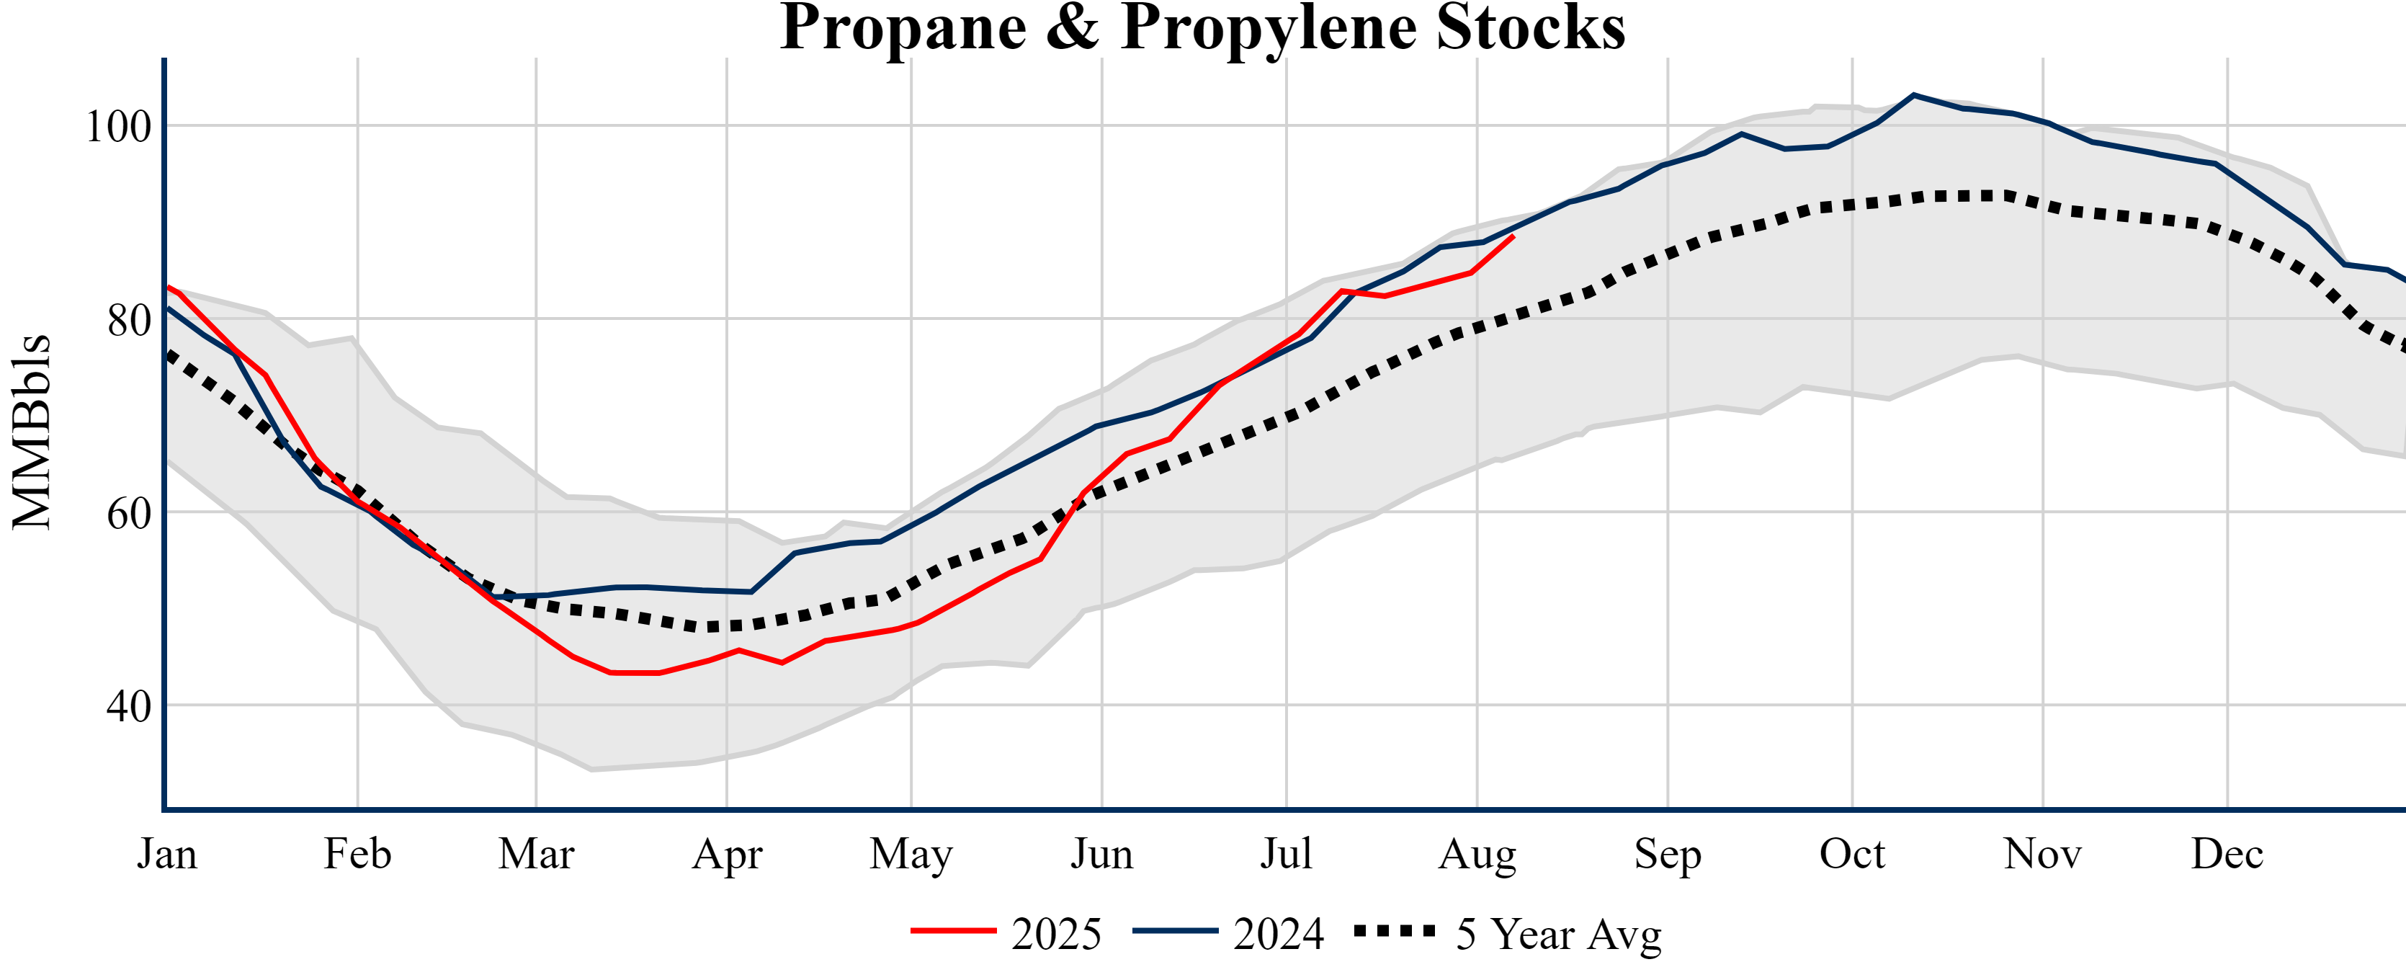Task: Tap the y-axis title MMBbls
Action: click(x=32, y=432)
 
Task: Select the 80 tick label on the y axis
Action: click(x=128, y=321)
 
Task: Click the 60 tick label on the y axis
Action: click(x=128, y=513)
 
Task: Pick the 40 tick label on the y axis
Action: click(x=128, y=706)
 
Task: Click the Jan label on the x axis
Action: click(x=167, y=854)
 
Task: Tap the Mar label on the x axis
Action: click(x=536, y=854)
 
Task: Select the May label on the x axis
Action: click(x=911, y=854)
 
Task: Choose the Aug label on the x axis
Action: click(x=1477, y=854)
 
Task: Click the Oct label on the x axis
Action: click(x=1852, y=854)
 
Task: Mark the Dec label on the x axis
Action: click(x=2227, y=854)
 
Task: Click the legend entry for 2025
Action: click(x=1056, y=933)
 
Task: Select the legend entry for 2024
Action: click(x=1278, y=933)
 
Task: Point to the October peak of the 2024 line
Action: click(x=1914, y=94)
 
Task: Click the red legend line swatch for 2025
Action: click(x=954, y=930)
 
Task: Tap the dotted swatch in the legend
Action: click(x=1395, y=930)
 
